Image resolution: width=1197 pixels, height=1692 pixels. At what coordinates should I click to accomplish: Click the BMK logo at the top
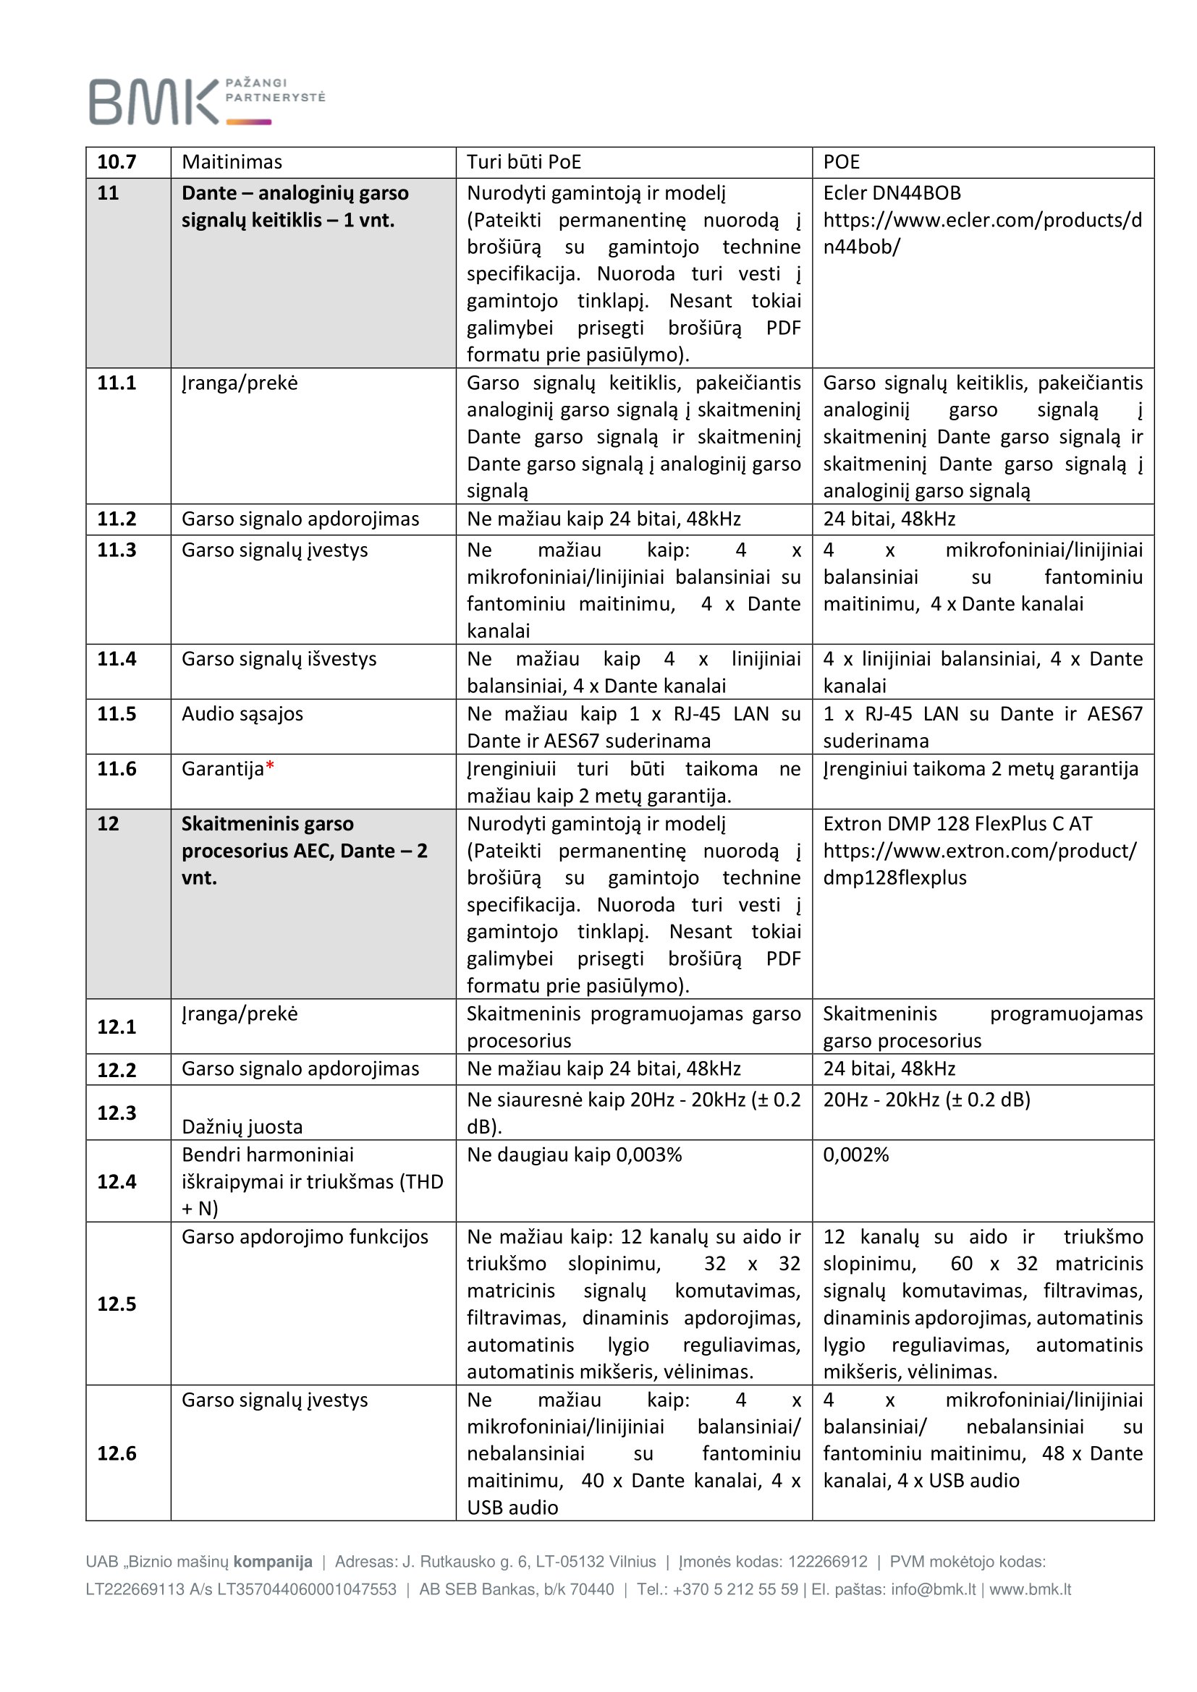206,101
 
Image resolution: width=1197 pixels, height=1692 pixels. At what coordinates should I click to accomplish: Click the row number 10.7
117,162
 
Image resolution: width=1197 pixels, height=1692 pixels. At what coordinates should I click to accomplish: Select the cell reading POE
841,162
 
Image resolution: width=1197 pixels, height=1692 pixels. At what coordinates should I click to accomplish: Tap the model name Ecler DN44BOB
891,193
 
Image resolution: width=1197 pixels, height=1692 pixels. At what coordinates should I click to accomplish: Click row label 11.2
117,519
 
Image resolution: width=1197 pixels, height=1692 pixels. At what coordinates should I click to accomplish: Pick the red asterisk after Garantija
270,767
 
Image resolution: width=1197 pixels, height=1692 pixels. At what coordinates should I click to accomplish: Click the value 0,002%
855,1155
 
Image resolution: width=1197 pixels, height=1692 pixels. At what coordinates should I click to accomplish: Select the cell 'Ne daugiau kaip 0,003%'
574,1155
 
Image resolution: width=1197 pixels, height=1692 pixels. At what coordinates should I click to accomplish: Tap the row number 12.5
117,1304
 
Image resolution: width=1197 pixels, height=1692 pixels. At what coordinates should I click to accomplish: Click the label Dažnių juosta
242,1127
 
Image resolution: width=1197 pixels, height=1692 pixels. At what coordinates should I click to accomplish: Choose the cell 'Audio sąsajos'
242,714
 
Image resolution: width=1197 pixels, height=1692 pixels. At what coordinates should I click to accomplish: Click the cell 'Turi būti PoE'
523,162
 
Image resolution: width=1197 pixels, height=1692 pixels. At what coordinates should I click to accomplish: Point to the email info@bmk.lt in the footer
934,1589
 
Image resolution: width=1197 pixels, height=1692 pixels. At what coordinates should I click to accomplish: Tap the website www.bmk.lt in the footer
1030,1589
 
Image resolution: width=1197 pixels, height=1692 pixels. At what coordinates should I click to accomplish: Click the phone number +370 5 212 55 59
735,1589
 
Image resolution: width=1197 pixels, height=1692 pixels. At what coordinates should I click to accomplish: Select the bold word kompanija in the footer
273,1561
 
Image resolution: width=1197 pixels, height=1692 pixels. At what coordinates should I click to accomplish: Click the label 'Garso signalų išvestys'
279,659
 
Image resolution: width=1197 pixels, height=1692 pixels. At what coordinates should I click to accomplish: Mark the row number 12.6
117,1453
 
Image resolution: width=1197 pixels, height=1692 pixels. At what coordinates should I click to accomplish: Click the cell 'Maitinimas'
232,162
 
